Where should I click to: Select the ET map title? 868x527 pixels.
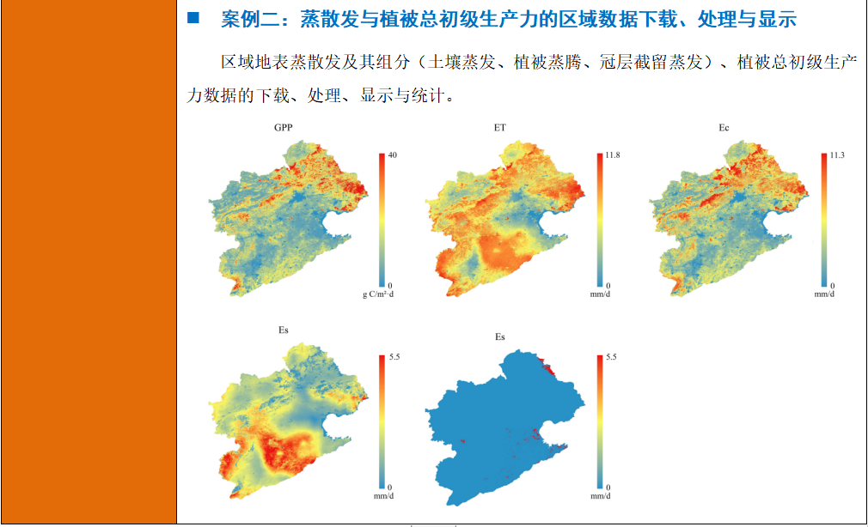point(500,127)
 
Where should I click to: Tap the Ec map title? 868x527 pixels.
point(724,127)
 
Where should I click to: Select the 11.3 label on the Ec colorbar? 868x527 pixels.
point(838,154)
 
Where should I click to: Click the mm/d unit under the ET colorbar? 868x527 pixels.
point(602,295)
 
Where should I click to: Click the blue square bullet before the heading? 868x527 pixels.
point(193,17)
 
